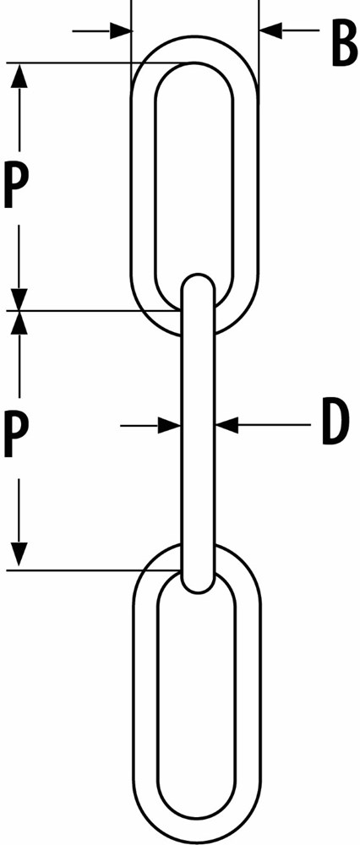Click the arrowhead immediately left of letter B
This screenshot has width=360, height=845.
[271, 30]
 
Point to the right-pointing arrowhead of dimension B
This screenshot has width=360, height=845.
[121, 30]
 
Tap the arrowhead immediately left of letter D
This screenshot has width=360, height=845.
[226, 425]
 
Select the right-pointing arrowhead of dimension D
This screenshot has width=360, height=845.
[169, 425]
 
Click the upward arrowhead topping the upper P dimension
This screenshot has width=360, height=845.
[20, 75]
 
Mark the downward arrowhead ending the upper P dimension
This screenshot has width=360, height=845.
[20, 299]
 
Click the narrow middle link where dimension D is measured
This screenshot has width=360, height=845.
[199, 425]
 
